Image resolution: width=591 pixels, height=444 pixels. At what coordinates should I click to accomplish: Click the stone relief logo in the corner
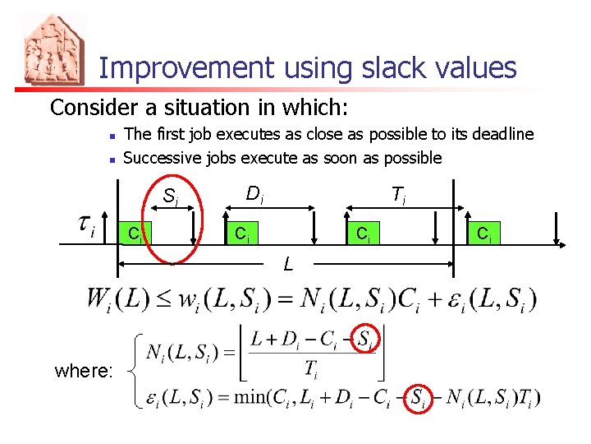tap(54, 49)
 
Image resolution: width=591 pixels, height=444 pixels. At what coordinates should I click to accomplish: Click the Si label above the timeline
tap(171, 197)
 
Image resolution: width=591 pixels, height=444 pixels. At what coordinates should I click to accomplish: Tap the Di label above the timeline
tap(254, 195)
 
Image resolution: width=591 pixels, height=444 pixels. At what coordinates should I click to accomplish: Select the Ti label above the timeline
tap(398, 195)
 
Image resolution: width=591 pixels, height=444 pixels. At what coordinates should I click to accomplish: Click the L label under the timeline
tap(287, 264)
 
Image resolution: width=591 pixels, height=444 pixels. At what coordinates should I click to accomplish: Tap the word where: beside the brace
tap(84, 371)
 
